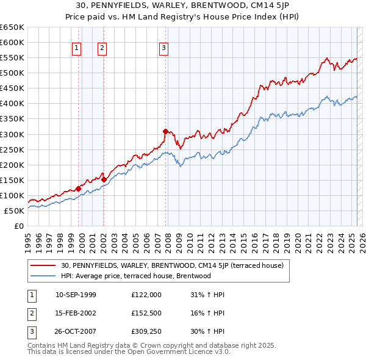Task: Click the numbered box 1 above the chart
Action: (x=77, y=48)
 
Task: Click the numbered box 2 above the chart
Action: (x=102, y=48)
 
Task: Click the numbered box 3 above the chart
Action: (x=164, y=48)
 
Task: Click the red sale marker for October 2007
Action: (x=165, y=131)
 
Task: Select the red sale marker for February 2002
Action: (x=104, y=179)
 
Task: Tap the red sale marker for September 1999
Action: (x=78, y=189)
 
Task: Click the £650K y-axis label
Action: (x=12, y=27)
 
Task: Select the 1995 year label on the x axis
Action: (x=28, y=239)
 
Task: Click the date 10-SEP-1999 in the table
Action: (x=76, y=295)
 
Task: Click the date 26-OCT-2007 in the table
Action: (x=76, y=333)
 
